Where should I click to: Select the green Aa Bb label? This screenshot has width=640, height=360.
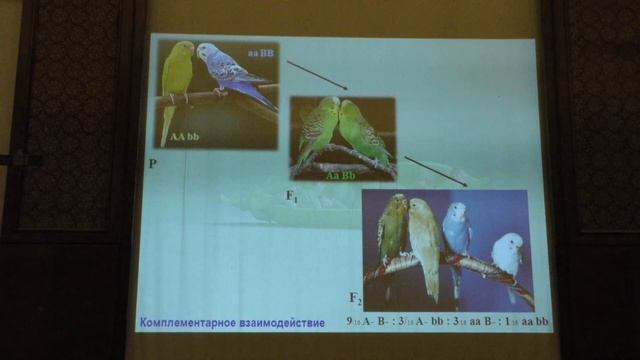click(341, 174)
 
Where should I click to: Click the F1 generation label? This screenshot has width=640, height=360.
click(292, 199)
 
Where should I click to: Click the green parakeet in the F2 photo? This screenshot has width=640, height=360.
click(393, 230)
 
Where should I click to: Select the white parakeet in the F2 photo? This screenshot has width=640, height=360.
click(507, 256)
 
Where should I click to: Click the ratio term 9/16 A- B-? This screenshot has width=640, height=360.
click(369, 322)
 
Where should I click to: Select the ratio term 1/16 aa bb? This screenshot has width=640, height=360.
click(521, 322)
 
